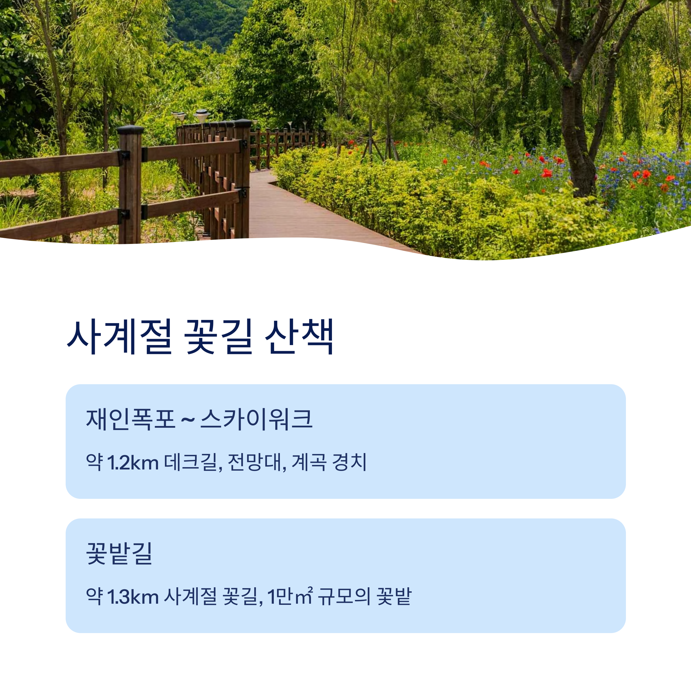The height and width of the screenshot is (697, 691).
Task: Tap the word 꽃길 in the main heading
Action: point(218,337)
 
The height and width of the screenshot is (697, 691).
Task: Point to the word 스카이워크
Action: point(256,419)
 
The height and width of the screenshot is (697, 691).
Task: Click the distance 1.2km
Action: point(133,463)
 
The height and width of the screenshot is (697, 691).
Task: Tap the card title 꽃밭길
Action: point(119,553)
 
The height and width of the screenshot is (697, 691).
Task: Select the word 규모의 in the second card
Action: point(344,597)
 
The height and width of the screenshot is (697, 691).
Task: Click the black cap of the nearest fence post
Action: point(130,130)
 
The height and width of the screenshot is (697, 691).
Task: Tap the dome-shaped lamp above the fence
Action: point(202,115)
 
